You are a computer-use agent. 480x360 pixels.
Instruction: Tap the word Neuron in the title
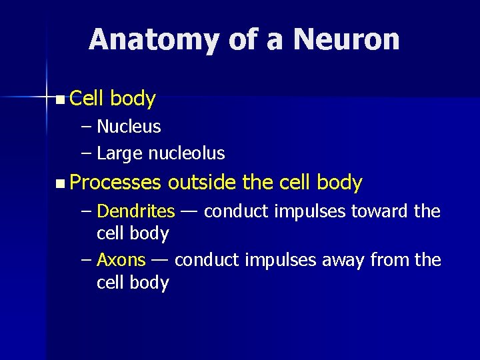point(346,40)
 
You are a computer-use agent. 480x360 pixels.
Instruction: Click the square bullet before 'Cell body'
point(61,100)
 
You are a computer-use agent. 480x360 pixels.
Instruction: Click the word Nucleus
point(129,127)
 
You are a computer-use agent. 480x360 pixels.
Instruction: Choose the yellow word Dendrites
point(136,212)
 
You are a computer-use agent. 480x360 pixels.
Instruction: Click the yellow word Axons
point(121,260)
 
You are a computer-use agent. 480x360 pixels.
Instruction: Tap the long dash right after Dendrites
point(189,212)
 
